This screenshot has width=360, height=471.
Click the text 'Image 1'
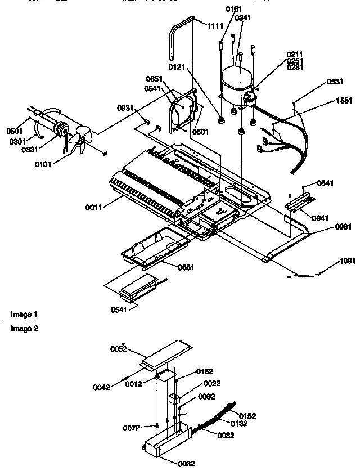(x=24, y=314)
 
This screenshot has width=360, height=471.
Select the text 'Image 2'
(x=24, y=329)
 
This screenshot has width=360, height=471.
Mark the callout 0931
(x=125, y=107)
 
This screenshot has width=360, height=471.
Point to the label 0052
(x=119, y=349)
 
